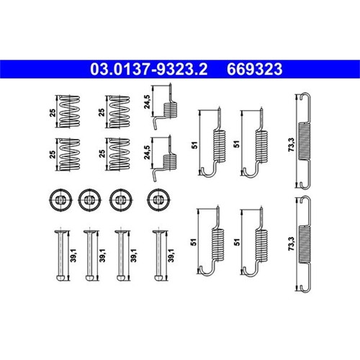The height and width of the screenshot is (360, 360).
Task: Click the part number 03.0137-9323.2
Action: (149, 69)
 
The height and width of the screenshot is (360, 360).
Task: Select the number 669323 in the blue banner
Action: (254, 69)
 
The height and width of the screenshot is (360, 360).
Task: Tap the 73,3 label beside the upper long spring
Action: (292, 145)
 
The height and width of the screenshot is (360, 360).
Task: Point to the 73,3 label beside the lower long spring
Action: (292, 244)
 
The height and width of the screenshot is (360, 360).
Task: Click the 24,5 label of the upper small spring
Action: (147, 102)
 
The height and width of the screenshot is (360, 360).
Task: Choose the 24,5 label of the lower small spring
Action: (147, 153)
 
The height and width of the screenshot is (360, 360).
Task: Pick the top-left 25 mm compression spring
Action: (70, 112)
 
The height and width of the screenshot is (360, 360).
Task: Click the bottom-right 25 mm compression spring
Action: (120, 154)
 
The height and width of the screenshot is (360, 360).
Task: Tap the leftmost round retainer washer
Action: (60, 200)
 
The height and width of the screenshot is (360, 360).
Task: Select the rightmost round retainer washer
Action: (159, 200)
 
